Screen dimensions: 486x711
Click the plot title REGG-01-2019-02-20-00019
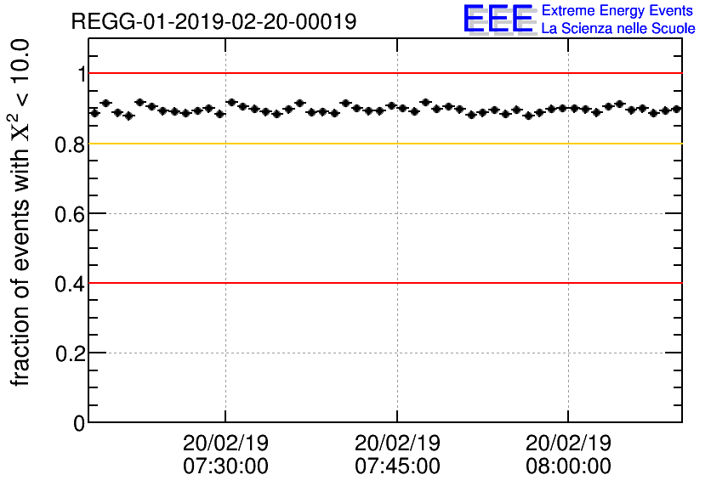pyautogui.click(x=213, y=21)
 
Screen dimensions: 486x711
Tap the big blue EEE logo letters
pyautogui.click(x=498, y=19)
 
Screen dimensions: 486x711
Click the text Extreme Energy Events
pyautogui.click(x=617, y=11)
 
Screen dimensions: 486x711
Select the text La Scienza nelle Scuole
pyautogui.click(x=617, y=29)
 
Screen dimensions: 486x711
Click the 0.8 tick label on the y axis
pyautogui.click(x=70, y=144)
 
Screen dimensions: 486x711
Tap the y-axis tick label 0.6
pyautogui.click(x=70, y=214)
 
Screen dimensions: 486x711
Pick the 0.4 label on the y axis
pyautogui.click(x=70, y=284)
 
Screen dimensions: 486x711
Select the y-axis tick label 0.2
pyautogui.click(x=70, y=353)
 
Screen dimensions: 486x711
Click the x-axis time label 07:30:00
pyautogui.click(x=225, y=466)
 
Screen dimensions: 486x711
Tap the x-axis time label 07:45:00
pyautogui.click(x=397, y=466)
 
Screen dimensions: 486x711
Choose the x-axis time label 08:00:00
pyautogui.click(x=568, y=466)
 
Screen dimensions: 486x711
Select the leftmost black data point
pyautogui.click(x=94, y=112)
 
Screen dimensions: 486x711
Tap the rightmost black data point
pyautogui.click(x=676, y=109)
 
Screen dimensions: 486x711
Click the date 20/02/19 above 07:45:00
pyautogui.click(x=397, y=444)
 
